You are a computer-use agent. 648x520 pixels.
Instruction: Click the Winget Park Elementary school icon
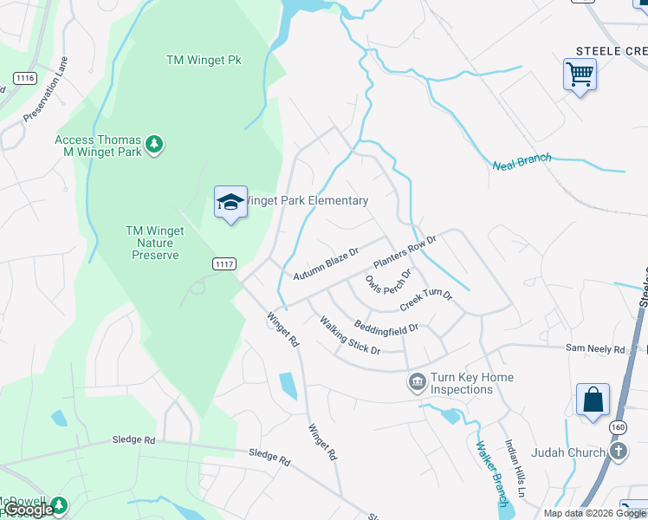click(230, 203)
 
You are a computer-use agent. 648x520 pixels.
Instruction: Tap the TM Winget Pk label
click(204, 60)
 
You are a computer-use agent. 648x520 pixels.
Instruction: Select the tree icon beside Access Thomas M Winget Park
click(154, 144)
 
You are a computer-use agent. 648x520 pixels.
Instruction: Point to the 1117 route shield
click(224, 263)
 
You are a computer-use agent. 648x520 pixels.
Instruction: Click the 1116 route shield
click(24, 78)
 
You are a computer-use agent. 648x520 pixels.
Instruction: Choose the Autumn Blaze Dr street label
click(326, 263)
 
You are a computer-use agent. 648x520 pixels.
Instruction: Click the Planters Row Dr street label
click(404, 251)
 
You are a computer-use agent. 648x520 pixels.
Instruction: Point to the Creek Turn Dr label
click(426, 302)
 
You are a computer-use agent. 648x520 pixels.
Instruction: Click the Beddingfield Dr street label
click(386, 328)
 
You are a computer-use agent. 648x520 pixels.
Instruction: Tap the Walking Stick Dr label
click(350, 335)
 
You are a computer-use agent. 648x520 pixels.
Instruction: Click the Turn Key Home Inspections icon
click(417, 382)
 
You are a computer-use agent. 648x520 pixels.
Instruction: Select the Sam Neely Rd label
click(595, 349)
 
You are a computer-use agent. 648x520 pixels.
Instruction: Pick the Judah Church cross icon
click(618, 452)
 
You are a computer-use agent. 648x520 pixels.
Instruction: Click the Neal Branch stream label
click(522, 162)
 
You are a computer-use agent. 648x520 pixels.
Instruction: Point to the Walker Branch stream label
click(492, 473)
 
